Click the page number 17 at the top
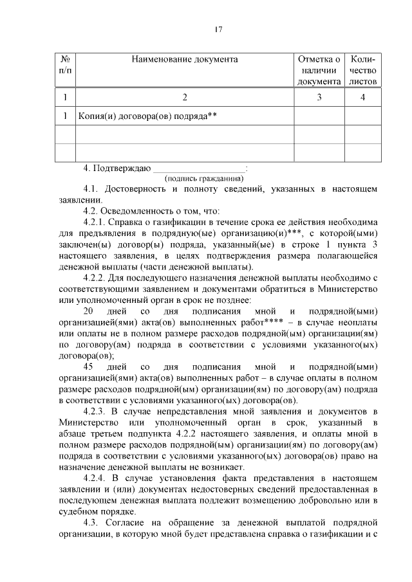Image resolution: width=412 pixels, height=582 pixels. (218, 29)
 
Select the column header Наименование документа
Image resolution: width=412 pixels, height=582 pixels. (185, 60)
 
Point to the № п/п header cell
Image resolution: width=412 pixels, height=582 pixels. (64, 65)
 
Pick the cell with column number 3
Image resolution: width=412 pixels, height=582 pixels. (319, 97)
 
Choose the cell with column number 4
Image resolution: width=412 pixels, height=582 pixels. (363, 97)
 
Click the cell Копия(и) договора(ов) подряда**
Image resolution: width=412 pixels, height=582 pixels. (147, 116)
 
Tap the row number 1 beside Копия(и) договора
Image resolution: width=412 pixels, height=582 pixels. (64, 116)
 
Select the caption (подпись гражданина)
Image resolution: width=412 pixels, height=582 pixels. (204, 178)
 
